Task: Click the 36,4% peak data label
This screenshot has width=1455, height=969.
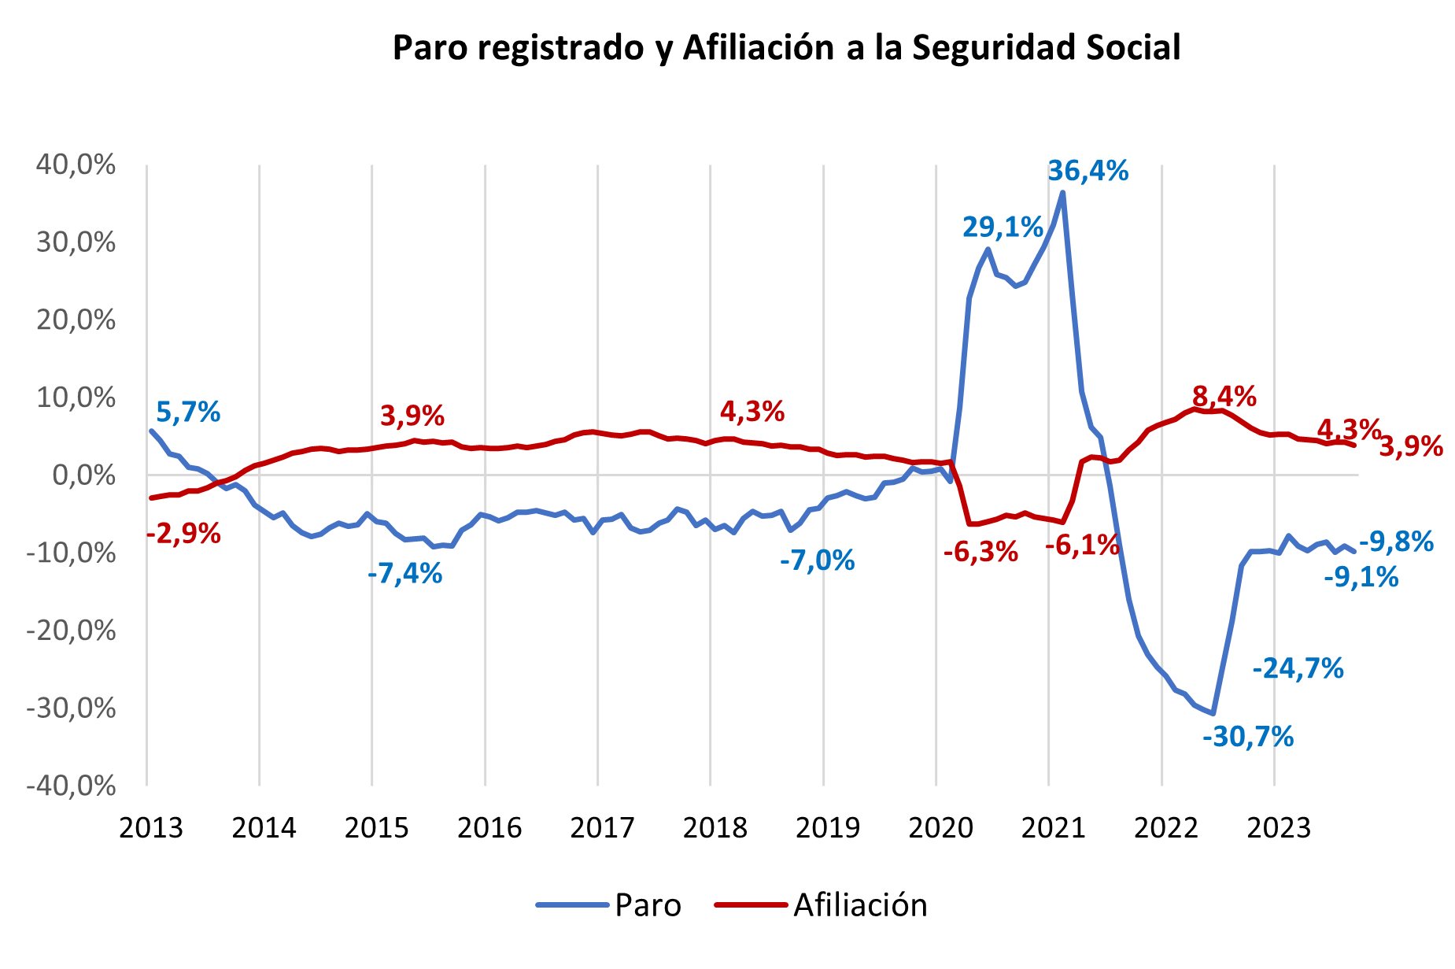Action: pos(1088,171)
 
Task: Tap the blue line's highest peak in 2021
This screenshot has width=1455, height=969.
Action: pos(1063,193)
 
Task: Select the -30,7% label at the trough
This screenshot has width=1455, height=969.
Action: pos(1248,738)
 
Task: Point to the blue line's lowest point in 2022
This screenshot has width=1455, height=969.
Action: pos(1213,713)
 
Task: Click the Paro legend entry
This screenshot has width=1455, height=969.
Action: pos(647,905)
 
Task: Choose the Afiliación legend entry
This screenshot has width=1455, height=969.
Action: pos(860,905)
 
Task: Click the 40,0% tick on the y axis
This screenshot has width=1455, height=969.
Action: pos(76,165)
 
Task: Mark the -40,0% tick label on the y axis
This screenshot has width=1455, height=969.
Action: pos(71,786)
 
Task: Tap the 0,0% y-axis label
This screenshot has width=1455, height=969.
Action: pos(83,475)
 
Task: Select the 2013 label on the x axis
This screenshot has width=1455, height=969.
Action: pos(151,828)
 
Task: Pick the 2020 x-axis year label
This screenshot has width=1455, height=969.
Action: pos(940,828)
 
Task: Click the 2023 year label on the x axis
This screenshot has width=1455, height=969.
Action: pos(1279,828)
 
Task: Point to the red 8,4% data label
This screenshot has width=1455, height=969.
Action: pos(1224,397)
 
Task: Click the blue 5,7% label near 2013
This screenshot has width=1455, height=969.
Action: pos(188,412)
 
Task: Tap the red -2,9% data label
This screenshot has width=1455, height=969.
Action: pos(183,534)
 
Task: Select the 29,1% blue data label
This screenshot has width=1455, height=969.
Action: pos(1003,227)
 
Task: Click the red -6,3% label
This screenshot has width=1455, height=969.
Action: pos(980,552)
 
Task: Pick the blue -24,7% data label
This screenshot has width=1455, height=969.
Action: pos(1298,668)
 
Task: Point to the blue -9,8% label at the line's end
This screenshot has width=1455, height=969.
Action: pos(1396,542)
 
